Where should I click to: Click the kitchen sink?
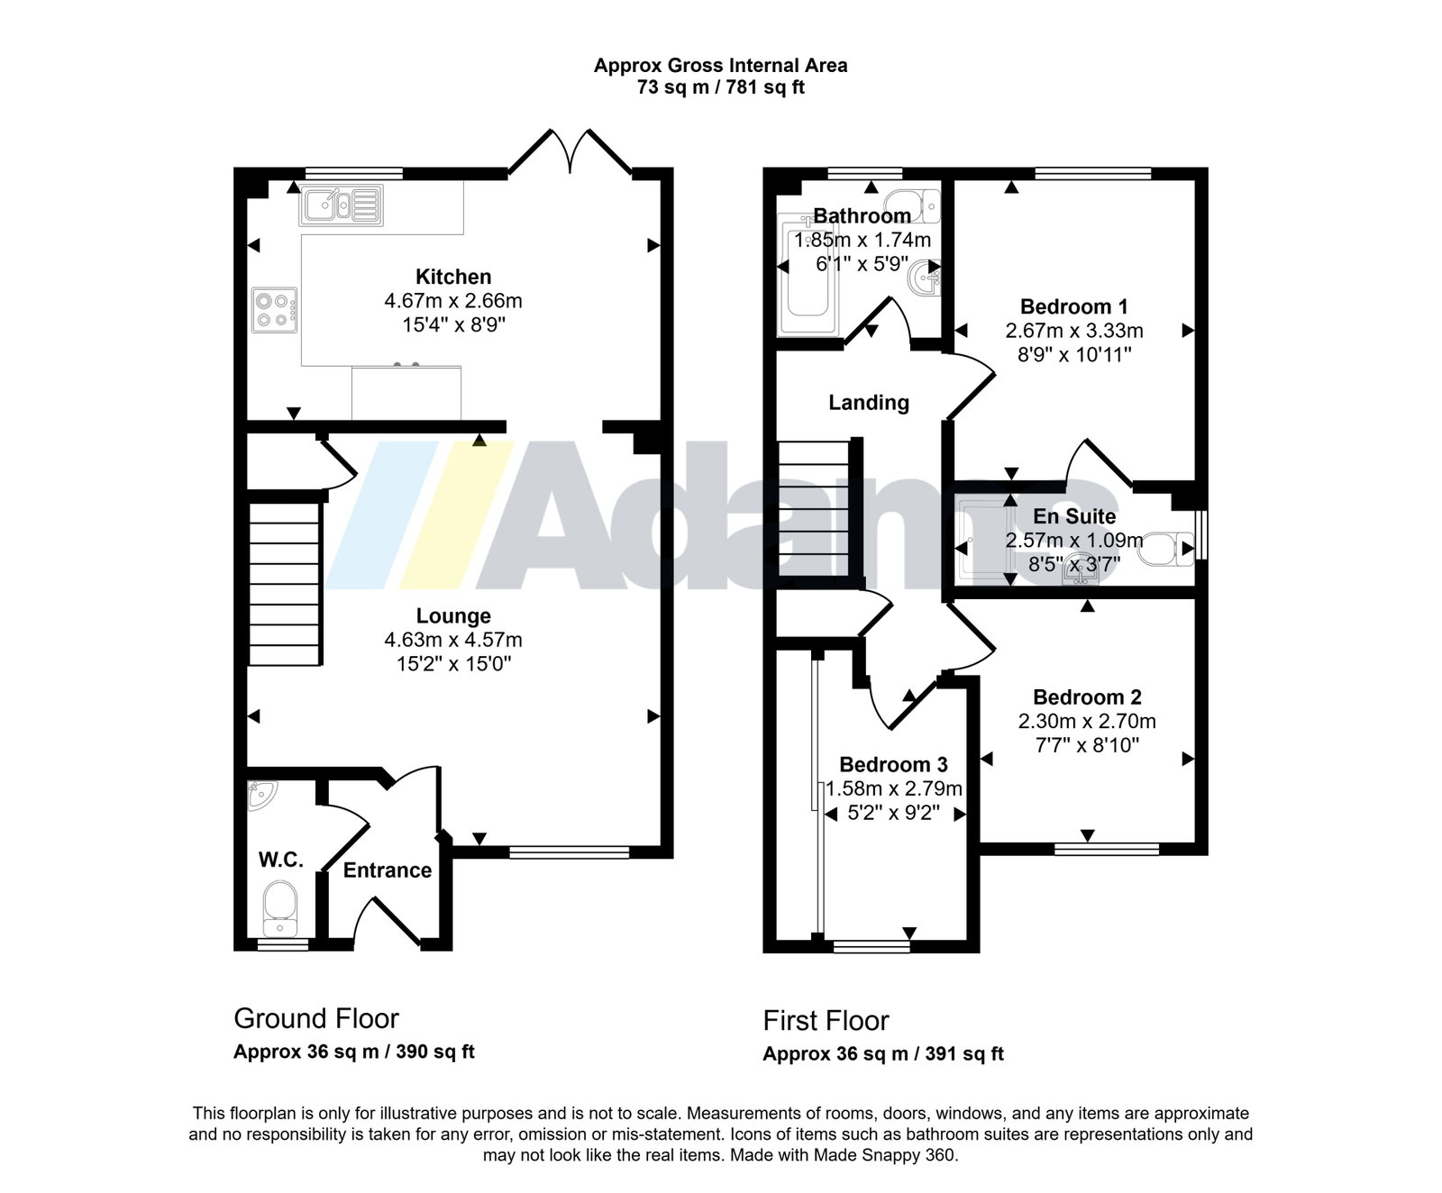[x=342, y=205]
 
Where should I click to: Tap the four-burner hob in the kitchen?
[x=275, y=310]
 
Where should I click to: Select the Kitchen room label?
[x=453, y=277]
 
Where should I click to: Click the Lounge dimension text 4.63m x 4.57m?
[x=453, y=640]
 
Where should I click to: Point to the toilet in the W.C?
[x=279, y=907]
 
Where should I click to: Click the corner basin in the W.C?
[x=261, y=794]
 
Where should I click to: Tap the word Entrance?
[x=388, y=870]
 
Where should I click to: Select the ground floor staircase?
[x=285, y=584]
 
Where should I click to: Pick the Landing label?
[x=869, y=403]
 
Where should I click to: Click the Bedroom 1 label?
[x=1074, y=306]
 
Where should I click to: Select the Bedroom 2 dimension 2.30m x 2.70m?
[x=1087, y=721]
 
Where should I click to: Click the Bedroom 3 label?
[x=893, y=764]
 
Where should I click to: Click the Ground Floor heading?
[x=316, y=1018]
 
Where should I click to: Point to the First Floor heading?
[x=826, y=1020]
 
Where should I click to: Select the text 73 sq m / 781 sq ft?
[x=721, y=87]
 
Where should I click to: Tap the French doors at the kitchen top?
[x=570, y=151]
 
